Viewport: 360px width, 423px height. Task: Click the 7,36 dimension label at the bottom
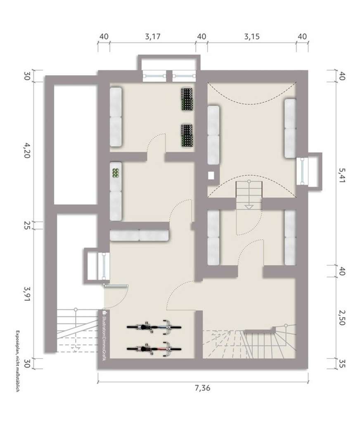(203, 388)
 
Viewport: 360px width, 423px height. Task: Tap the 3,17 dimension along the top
(153, 36)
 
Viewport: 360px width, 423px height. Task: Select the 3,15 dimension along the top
(252, 36)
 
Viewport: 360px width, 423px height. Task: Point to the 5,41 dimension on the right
(342, 175)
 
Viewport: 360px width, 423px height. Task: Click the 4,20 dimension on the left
(27, 150)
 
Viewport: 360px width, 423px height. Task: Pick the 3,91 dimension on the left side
(27, 294)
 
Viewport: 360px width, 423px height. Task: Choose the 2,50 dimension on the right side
(342, 318)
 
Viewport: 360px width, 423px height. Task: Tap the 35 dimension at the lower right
(342, 364)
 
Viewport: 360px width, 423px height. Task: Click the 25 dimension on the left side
(27, 226)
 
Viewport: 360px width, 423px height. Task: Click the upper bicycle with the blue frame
(154, 327)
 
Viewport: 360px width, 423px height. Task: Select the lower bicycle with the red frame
(154, 349)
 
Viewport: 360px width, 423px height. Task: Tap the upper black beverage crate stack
(187, 99)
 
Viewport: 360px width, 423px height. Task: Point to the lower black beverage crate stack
(187, 135)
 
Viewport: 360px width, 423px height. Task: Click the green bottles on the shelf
(116, 173)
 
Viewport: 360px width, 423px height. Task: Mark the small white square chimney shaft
(211, 176)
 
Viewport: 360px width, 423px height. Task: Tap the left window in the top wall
(154, 76)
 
